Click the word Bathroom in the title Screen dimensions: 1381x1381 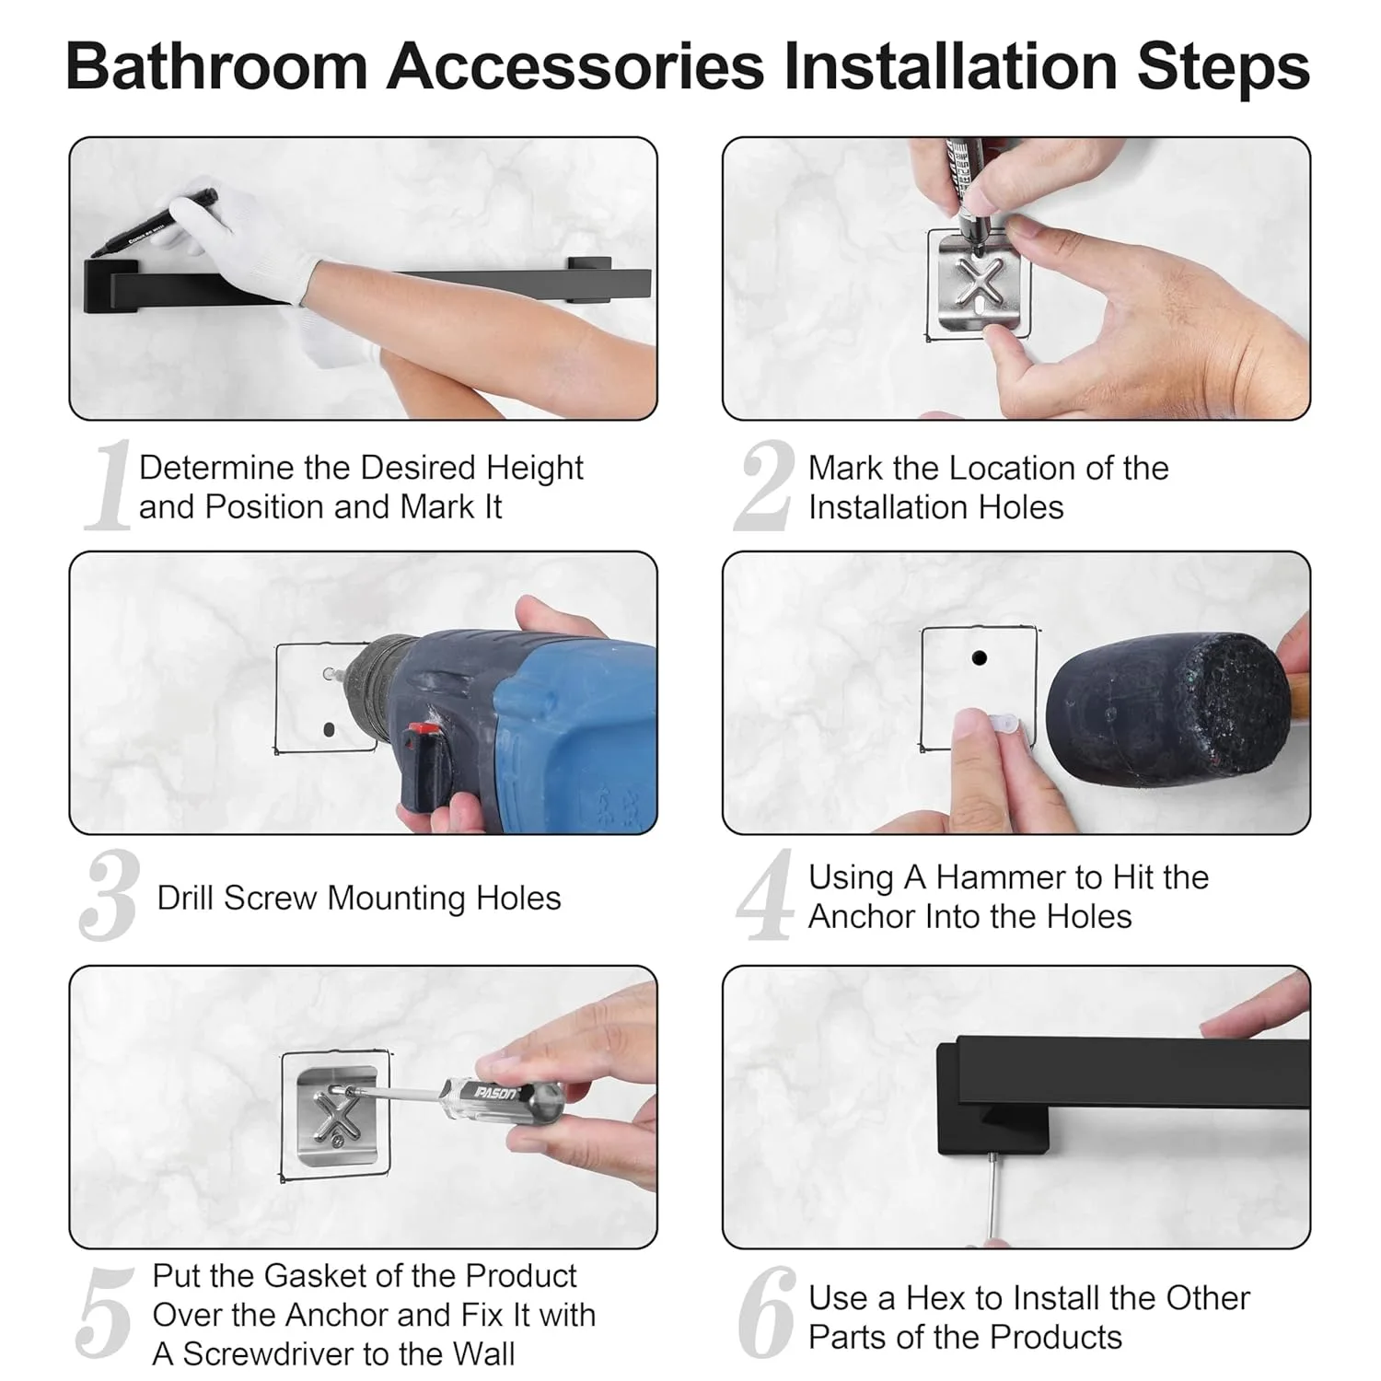(216, 66)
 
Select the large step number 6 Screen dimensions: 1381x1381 (766, 1313)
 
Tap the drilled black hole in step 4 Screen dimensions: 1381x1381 (979, 658)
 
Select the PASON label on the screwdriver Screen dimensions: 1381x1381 (495, 1092)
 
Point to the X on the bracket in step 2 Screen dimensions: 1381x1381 (978, 282)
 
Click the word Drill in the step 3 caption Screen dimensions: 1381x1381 (186, 898)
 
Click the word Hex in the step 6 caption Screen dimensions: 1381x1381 (935, 1298)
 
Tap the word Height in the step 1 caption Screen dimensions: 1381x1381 (534, 468)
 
